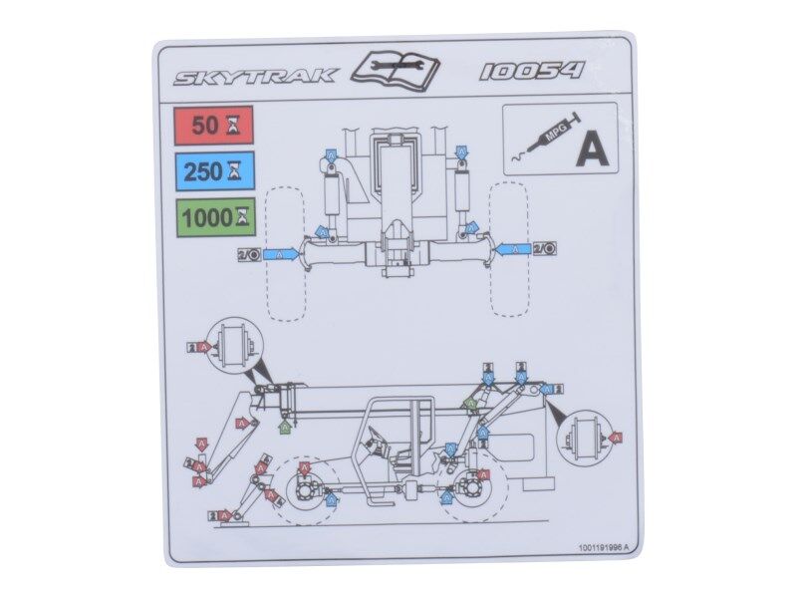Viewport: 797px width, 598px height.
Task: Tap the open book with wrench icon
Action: pyautogui.click(x=397, y=68)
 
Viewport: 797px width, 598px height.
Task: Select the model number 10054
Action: pyautogui.click(x=531, y=72)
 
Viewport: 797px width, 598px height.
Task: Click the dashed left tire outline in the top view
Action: pyautogui.click(x=286, y=252)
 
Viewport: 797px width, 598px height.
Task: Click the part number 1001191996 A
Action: pyautogui.click(x=603, y=547)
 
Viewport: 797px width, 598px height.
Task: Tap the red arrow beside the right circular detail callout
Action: pyautogui.click(x=615, y=438)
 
